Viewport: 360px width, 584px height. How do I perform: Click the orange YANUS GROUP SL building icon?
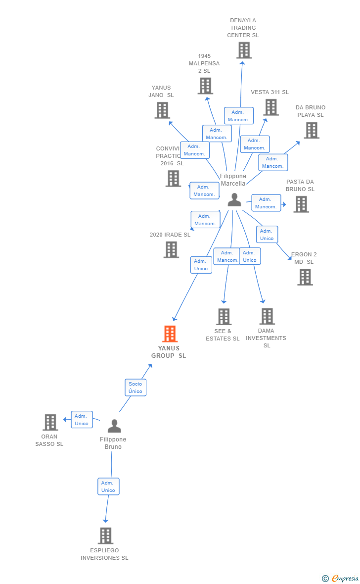tap(170, 334)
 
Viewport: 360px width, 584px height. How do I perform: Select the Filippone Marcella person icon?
tap(234, 200)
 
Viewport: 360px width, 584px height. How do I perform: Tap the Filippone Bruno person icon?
tap(114, 426)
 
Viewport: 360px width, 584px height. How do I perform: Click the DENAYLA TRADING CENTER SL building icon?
tap(244, 50)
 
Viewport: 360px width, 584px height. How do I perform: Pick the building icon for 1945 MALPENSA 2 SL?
tap(205, 86)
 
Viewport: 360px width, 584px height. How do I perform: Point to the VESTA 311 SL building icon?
tap(270, 107)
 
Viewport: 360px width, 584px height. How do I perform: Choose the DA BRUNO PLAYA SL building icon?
tap(311, 130)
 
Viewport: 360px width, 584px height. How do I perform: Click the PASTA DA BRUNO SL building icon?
tap(301, 204)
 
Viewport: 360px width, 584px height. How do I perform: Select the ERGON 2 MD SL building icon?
tap(305, 277)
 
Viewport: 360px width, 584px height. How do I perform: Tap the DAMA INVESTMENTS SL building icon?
tap(267, 316)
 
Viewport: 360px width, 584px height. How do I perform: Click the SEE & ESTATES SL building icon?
tap(224, 317)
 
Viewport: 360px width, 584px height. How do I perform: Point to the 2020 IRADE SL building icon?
tap(171, 249)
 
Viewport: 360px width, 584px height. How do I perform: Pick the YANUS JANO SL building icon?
tap(162, 110)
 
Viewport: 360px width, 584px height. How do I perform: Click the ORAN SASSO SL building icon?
tap(50, 422)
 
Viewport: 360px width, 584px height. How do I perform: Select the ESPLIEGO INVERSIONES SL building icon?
tap(105, 535)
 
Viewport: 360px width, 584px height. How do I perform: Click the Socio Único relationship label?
tap(135, 388)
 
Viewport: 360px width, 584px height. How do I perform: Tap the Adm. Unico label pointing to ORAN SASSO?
tap(82, 420)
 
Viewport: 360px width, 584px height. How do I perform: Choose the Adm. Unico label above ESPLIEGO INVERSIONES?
tap(108, 487)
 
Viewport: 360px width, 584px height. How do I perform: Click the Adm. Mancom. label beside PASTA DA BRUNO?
tap(266, 203)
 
